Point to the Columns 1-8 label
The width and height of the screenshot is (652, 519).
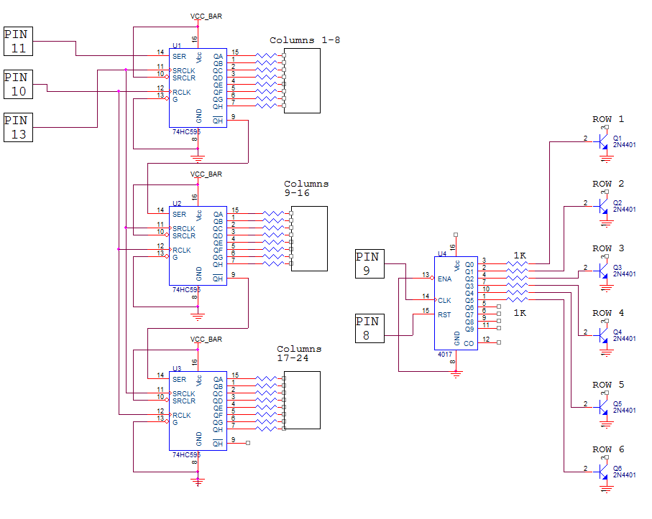click(305, 40)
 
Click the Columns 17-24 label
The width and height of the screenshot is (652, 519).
click(299, 353)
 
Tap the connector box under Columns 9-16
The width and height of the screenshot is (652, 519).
click(309, 238)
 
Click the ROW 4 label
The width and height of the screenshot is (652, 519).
click(607, 313)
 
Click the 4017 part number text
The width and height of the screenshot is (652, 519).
click(445, 355)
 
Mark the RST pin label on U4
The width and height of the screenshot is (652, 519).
click(444, 314)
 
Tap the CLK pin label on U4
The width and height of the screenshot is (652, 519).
click(444, 300)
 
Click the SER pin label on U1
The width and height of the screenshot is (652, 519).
click(179, 56)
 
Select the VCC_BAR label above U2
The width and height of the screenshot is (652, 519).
click(206, 174)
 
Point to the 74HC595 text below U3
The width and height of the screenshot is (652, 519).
click(186, 455)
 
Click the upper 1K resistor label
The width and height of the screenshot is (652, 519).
click(519, 256)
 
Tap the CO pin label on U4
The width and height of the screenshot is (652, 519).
click(469, 344)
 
